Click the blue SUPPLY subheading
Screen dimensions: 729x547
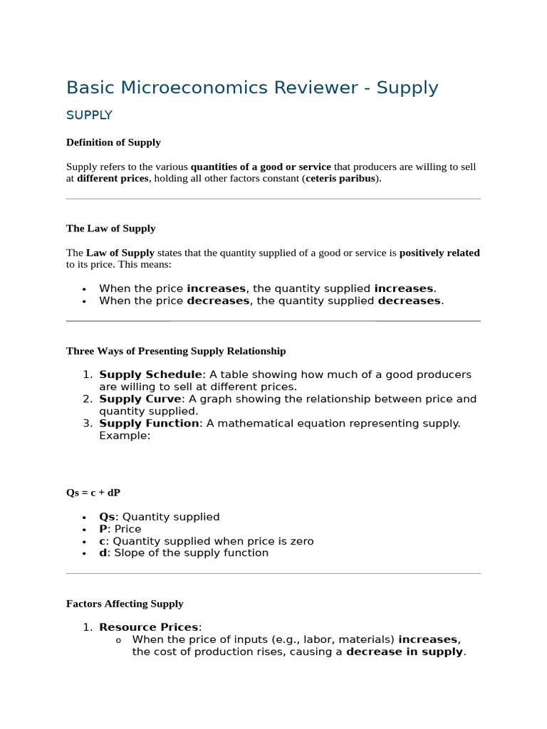[x=89, y=115]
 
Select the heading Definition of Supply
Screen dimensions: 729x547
[x=113, y=142]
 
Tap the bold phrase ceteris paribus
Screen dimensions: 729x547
[x=341, y=179]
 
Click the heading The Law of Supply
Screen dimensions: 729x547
[x=110, y=229]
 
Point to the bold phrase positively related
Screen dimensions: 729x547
[x=439, y=253]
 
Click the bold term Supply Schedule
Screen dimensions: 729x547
[x=150, y=374]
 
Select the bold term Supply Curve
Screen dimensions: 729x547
[x=141, y=399]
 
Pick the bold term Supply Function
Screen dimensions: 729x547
[x=149, y=423]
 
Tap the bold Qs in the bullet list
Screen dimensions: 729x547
[x=107, y=517]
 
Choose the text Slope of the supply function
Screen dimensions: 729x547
[x=191, y=553]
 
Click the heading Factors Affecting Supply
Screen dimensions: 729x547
[x=125, y=604]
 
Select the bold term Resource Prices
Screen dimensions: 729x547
[x=149, y=627]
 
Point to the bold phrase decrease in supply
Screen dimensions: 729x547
[x=404, y=651]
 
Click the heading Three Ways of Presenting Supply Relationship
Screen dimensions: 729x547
[x=176, y=351]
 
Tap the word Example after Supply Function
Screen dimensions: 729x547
[x=123, y=435]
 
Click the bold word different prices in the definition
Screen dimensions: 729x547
[x=113, y=179]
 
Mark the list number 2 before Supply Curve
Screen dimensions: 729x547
[x=87, y=399]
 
